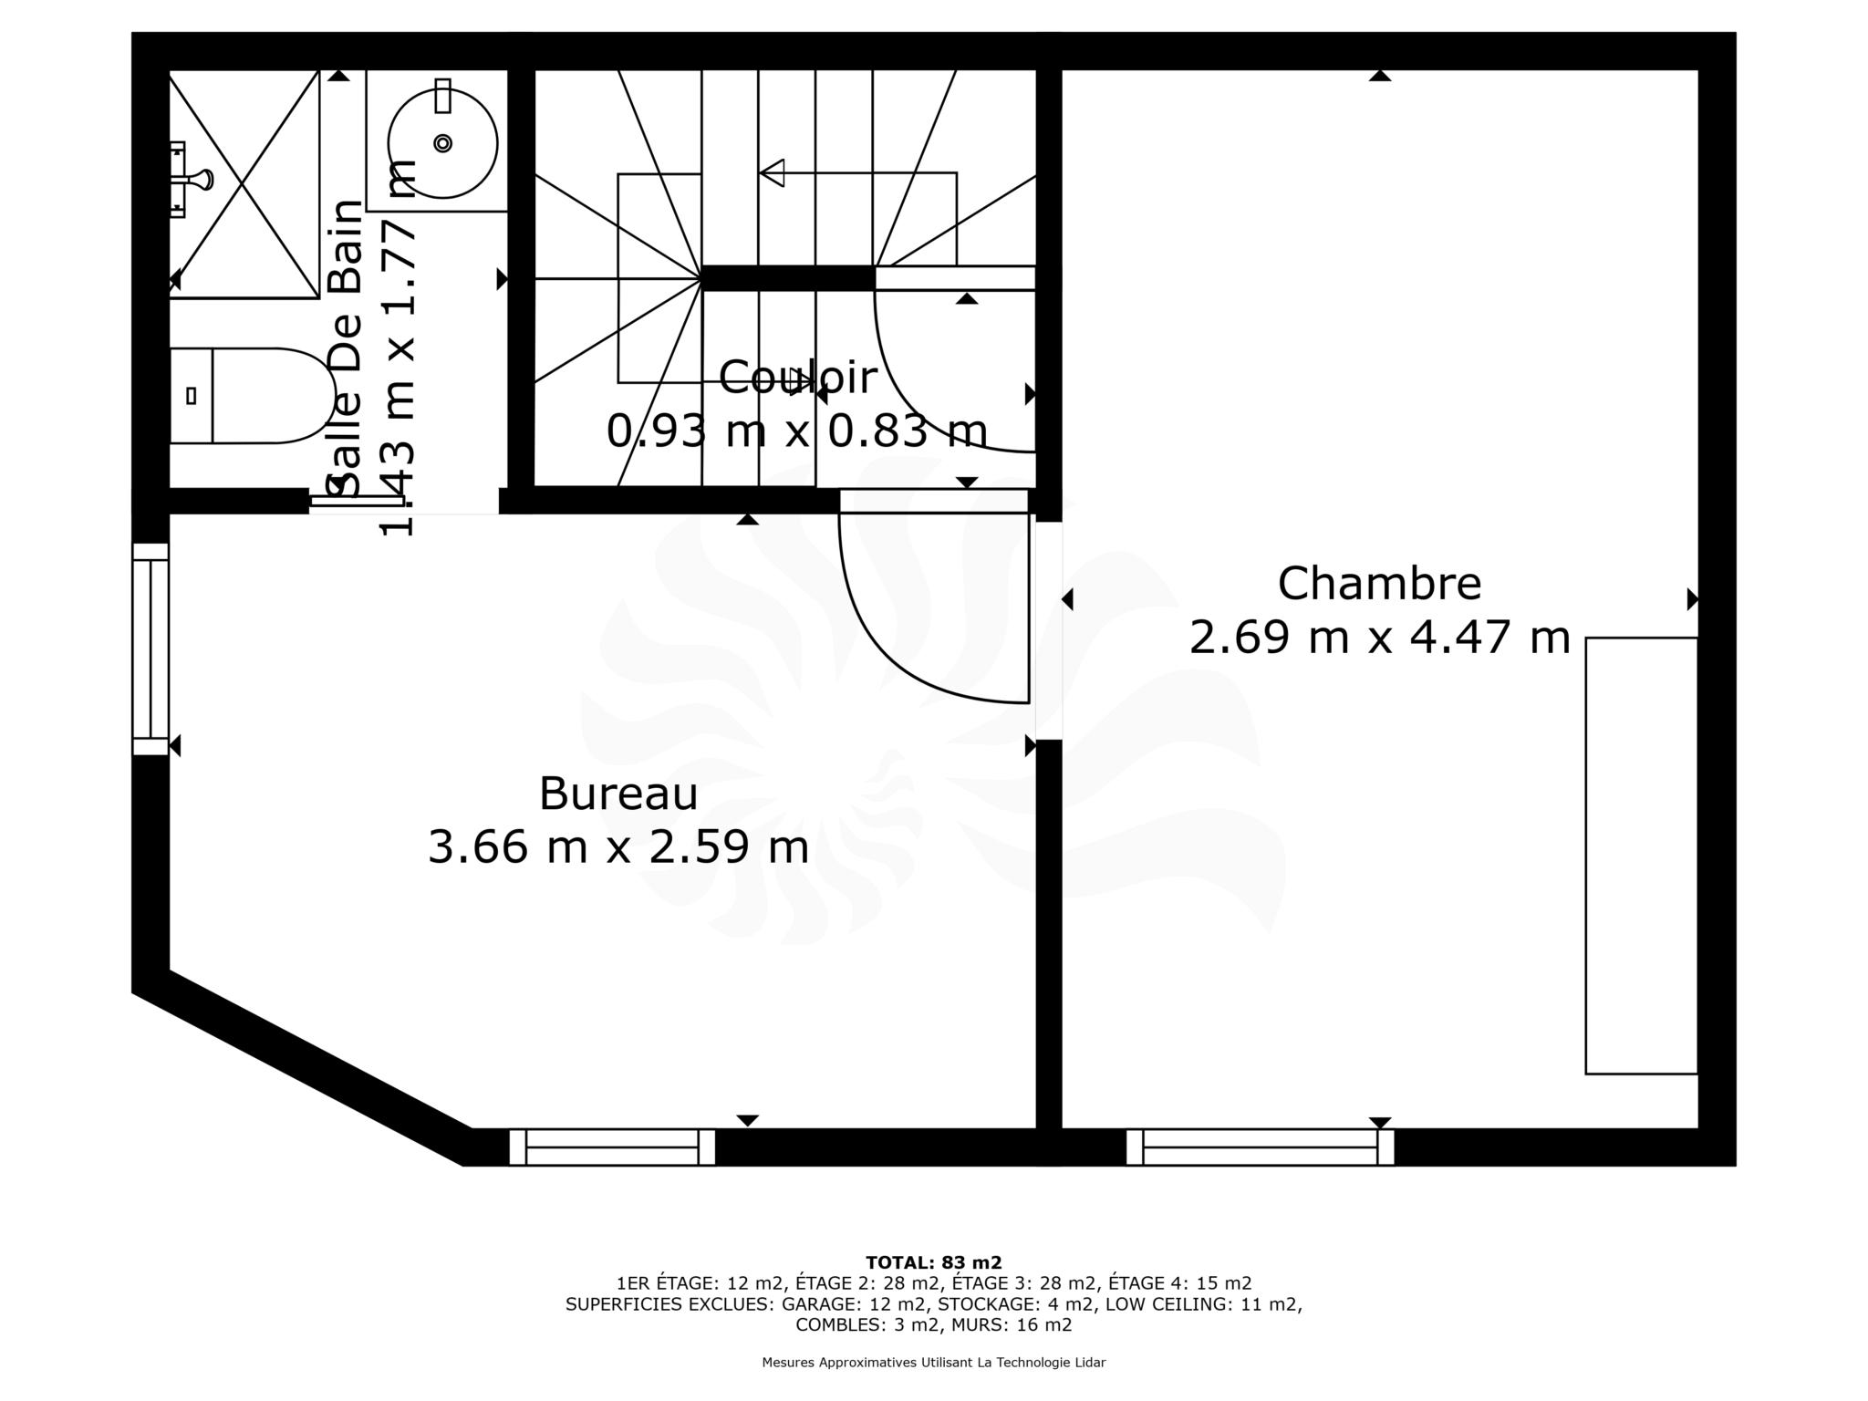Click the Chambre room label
point(1379,584)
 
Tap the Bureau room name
point(618,794)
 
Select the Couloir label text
point(797,378)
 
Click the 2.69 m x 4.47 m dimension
point(1379,637)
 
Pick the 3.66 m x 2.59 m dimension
point(618,846)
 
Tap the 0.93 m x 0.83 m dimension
point(797,431)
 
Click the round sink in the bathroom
point(442,143)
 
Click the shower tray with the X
point(244,183)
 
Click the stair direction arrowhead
point(772,172)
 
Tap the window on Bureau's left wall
point(150,649)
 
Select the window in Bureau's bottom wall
point(612,1147)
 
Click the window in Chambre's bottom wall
point(1261,1147)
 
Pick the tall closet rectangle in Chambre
point(1642,856)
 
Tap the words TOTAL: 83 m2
point(934,1263)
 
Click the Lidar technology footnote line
point(934,1363)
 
